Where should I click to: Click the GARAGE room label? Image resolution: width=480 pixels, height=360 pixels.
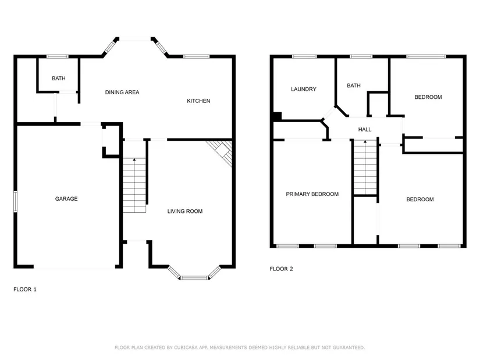(x=66, y=199)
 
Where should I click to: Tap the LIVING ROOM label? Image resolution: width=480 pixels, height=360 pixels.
(x=185, y=211)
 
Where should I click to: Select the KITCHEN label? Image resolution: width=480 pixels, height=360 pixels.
(x=198, y=101)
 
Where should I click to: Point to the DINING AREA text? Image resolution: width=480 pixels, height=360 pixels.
(x=122, y=92)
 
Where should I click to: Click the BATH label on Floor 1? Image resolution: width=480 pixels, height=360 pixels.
(x=58, y=79)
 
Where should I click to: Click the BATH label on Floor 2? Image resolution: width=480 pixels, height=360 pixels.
(x=354, y=85)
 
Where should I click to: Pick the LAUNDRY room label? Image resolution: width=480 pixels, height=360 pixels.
(x=303, y=89)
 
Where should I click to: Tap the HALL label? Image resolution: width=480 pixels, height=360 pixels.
(x=365, y=130)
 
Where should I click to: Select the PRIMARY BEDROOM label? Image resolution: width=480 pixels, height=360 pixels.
(x=312, y=194)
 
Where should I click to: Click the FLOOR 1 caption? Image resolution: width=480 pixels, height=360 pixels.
(x=25, y=289)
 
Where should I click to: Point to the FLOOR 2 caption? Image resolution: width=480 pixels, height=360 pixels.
(x=282, y=269)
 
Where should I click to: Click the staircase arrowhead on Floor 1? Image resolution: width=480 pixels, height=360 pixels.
(x=134, y=159)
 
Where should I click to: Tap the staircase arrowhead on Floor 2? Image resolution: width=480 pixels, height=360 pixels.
(x=365, y=142)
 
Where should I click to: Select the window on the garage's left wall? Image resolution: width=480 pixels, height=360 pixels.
(x=15, y=202)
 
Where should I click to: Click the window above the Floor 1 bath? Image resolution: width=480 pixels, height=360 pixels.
(x=57, y=56)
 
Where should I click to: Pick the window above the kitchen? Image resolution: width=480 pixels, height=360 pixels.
(x=196, y=56)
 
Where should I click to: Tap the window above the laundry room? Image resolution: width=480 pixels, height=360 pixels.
(x=304, y=56)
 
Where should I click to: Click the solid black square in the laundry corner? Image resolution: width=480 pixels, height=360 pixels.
(x=277, y=117)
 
